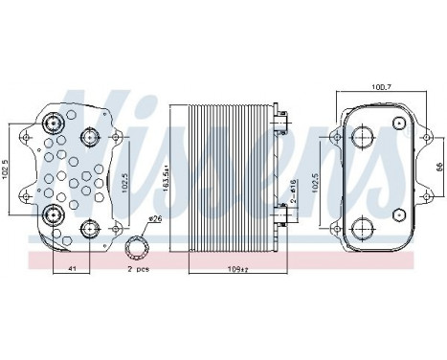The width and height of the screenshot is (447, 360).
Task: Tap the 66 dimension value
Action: coord(438,165)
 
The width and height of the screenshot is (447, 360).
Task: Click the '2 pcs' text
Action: coord(139,268)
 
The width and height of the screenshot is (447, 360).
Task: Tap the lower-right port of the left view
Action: coord(91,227)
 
